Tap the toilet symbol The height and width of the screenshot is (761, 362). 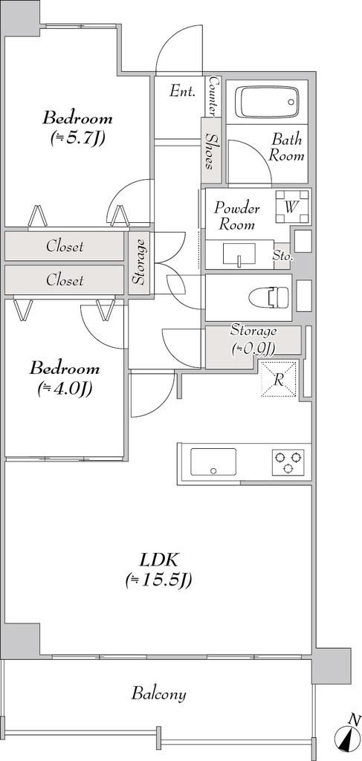click(269, 297)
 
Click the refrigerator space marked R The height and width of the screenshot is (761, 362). click(279, 379)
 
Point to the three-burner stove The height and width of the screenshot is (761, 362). click(288, 462)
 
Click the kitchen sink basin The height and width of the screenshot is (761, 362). click(213, 462)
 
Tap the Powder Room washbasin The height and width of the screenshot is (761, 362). click(239, 254)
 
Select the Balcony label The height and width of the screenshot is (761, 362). click(158, 693)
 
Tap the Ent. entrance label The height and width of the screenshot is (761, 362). click(182, 91)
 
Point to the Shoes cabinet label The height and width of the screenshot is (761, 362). click(210, 151)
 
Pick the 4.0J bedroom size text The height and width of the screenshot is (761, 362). click(65, 388)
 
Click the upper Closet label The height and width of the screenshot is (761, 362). click(65, 246)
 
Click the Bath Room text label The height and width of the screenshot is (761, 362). click(287, 148)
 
